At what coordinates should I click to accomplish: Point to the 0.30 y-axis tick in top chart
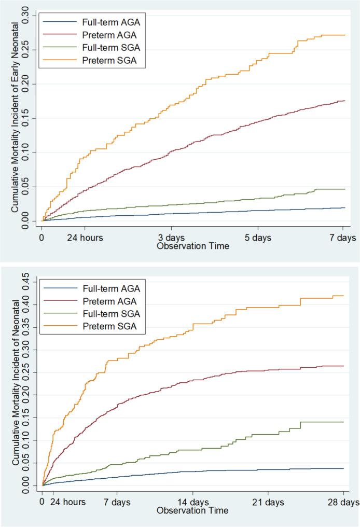tap(29, 15)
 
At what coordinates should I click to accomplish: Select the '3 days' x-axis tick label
tap(171, 238)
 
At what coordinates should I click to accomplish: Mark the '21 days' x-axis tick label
tap(268, 502)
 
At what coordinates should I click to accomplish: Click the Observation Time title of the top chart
tap(193, 246)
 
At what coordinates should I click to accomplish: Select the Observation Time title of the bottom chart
tap(193, 510)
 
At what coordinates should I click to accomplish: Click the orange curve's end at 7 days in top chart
tap(344, 35)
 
